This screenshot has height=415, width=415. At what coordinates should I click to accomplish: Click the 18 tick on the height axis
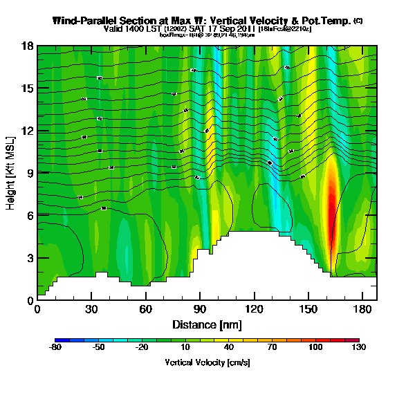pyautogui.click(x=28, y=46)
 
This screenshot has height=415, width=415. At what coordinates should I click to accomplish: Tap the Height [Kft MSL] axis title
pyautogui.click(x=11, y=173)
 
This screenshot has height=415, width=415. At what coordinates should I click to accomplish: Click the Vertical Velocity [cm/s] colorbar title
pyautogui.click(x=207, y=362)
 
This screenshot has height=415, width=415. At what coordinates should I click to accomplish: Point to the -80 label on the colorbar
pyautogui.click(x=56, y=349)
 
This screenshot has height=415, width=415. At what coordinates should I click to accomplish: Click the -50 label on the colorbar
pyautogui.click(x=99, y=349)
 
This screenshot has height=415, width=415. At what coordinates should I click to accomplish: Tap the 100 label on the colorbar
pyautogui.click(x=315, y=349)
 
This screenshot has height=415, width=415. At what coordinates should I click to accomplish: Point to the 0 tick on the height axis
pyautogui.click(x=30, y=300)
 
